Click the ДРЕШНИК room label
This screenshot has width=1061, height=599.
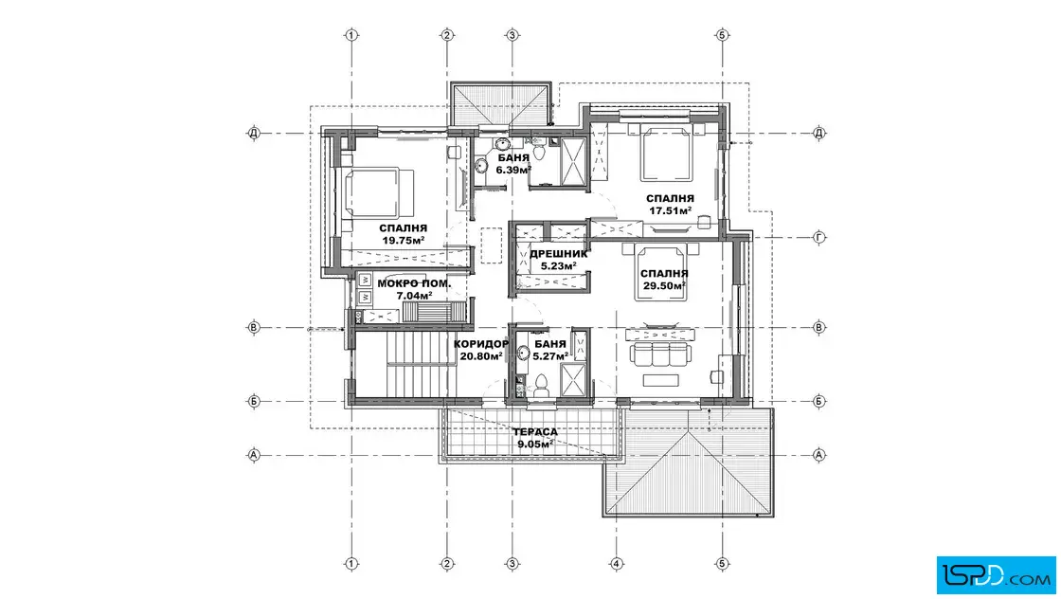click(558, 254)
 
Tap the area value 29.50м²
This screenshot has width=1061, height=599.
click(664, 285)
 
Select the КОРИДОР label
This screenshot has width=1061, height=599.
click(480, 344)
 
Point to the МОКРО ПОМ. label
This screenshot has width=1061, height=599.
click(413, 283)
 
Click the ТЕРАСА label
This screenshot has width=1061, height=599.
click(535, 432)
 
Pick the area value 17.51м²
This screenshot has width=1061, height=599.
click(670, 210)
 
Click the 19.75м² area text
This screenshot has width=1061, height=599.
click(404, 241)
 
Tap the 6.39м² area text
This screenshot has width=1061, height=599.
click(513, 170)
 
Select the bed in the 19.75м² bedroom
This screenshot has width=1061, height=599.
click(379, 193)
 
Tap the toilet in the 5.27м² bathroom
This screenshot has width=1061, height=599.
click(541, 387)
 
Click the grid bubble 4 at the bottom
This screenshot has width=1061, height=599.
click(617, 563)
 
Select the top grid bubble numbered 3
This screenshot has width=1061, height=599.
click(513, 34)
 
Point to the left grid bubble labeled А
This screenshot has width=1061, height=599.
click(254, 455)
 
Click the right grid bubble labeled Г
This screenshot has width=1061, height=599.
click(818, 238)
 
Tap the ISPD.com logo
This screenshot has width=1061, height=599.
click(996, 575)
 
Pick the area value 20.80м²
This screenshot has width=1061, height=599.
click(480, 356)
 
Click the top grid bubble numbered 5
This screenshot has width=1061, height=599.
click(722, 34)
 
